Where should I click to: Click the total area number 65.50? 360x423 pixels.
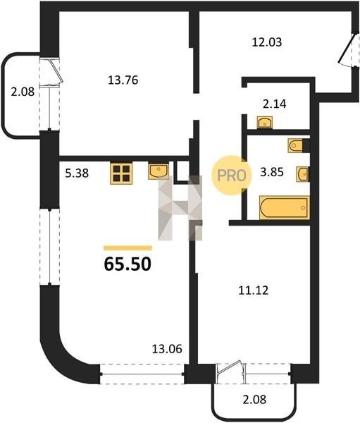[x=128, y=264]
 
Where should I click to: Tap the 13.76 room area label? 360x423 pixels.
[x=123, y=80]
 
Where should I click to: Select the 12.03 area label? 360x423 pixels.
[x=267, y=42]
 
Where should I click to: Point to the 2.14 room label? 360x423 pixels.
[x=275, y=104]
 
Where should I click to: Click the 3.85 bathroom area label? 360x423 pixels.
[x=272, y=172]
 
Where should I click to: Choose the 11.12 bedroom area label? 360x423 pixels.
[x=254, y=290]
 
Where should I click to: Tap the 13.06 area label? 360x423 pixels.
[x=167, y=349]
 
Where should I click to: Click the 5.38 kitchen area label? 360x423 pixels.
[x=77, y=173]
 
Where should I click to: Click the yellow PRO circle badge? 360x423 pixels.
[x=231, y=176]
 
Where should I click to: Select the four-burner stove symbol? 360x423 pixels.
[x=121, y=173]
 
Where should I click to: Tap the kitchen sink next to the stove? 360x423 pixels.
[x=159, y=171]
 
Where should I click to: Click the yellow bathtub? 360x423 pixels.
[x=285, y=208]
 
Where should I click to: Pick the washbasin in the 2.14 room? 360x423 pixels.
[x=264, y=123]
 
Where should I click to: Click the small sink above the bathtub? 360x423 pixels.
[x=302, y=174]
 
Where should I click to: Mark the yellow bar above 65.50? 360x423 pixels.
[x=128, y=248]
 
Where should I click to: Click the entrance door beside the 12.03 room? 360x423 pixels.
[x=346, y=49]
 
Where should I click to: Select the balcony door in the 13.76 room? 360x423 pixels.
[x=56, y=70]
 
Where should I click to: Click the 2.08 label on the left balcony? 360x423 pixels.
[x=23, y=92]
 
